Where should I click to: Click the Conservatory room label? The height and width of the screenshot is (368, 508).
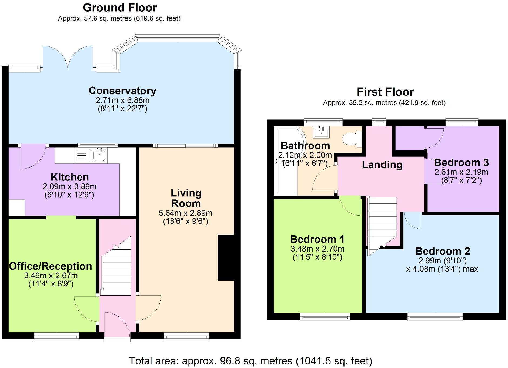122,91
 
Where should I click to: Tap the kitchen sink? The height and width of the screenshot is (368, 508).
99,155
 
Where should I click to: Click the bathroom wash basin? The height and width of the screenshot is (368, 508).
321,132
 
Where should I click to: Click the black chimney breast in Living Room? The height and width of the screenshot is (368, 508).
226,258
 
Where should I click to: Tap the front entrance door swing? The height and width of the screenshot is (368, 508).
117,326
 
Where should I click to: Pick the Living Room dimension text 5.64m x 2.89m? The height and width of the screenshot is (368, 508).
185,213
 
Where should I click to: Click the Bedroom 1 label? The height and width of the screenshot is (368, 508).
317,239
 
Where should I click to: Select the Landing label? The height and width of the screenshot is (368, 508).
382,165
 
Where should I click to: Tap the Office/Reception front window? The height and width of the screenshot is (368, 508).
57,336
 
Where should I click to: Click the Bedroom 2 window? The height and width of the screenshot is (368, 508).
435,317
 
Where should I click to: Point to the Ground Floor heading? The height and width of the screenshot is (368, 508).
120,8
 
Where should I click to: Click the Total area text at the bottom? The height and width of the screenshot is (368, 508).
250,361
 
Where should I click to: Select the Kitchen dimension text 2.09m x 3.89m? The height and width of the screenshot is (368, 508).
69,186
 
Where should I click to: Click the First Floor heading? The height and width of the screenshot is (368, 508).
385,92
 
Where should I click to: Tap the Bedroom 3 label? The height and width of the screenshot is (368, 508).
461,163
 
